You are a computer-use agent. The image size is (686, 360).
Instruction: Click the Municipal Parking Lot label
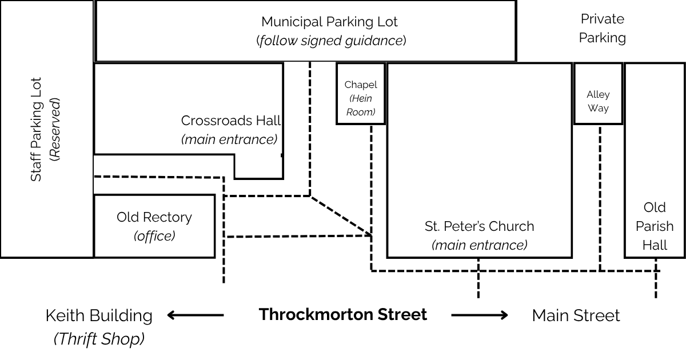329,22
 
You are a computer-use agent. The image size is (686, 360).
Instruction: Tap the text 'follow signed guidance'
331,41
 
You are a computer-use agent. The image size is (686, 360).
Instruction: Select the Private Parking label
603,29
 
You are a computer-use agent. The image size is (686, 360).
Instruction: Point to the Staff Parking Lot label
36,130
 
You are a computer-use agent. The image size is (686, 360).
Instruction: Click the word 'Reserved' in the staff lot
55,130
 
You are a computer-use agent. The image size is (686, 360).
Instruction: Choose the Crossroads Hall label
231,121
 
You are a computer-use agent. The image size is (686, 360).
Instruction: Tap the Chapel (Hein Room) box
361,93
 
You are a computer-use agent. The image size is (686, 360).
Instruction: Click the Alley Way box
598,93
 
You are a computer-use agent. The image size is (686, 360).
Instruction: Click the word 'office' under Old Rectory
154,236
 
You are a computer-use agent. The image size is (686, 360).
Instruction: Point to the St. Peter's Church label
479,226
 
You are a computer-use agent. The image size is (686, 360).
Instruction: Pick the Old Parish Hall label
655,226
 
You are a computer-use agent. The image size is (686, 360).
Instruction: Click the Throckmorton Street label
342,314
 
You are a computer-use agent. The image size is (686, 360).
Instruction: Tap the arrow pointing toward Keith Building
196,315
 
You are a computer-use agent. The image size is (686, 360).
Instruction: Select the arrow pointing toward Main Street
479,315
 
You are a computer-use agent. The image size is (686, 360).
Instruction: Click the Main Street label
576,315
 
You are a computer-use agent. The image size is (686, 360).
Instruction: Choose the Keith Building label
99,315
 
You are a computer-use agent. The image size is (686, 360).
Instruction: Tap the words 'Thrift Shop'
99,339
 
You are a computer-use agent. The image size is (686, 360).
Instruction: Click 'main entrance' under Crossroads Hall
229,139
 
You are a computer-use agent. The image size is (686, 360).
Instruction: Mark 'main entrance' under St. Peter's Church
479,245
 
